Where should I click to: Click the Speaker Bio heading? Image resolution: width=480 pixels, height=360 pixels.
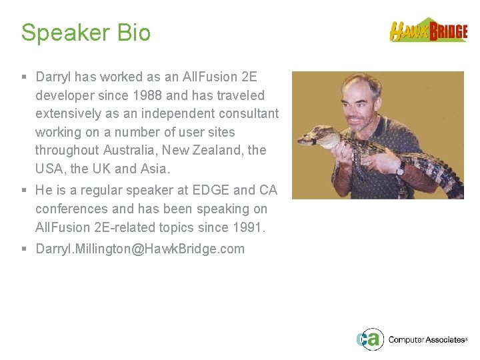click(86, 33)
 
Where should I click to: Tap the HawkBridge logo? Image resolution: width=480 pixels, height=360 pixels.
click(428, 31)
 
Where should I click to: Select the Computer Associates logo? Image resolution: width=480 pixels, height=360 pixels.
click(411, 339)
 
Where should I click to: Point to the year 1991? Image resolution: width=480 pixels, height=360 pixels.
click(249, 227)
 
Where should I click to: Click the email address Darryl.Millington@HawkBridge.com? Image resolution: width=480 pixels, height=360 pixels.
click(140, 249)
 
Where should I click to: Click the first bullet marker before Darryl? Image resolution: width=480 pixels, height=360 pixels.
click(25, 77)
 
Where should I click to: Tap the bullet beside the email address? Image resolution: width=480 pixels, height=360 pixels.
click(25, 249)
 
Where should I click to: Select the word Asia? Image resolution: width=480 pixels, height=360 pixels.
click(155, 168)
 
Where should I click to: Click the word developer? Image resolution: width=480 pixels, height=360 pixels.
click(63, 95)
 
